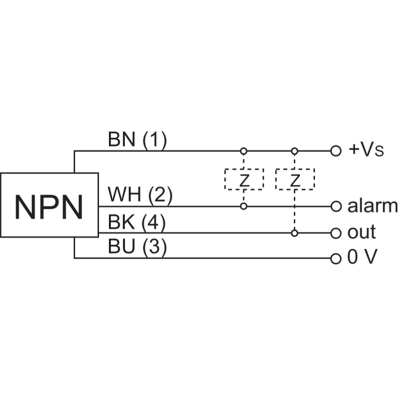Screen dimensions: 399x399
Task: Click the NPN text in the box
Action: click(48, 206)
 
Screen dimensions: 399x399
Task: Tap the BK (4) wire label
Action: click(136, 222)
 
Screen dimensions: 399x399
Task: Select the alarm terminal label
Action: click(372, 205)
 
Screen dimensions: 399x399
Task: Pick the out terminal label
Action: click(362, 232)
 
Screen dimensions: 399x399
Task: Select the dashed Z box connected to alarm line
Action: click(244, 179)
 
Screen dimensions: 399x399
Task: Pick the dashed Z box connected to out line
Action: click(295, 179)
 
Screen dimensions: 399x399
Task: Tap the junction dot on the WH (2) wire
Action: click(244, 206)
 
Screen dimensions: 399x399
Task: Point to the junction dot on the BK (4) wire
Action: click(295, 232)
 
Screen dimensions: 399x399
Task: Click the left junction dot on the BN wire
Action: click(244, 150)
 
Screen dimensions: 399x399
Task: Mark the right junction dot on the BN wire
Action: click(295, 150)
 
